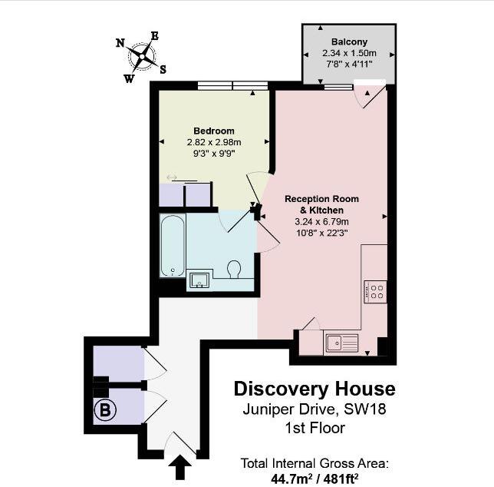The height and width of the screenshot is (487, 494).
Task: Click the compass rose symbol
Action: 143,55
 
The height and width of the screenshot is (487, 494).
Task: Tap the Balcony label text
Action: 349,41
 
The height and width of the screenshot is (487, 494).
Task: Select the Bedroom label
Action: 214,131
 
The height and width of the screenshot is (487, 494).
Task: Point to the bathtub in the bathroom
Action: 173,246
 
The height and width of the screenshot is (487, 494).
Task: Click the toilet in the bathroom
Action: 235,270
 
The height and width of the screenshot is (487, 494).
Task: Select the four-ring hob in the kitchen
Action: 377,291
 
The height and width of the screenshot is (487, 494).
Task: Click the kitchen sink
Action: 341,343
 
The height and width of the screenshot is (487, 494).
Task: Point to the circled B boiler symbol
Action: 105,411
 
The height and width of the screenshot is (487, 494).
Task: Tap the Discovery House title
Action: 315,389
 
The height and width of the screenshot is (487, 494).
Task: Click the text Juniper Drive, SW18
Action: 315,409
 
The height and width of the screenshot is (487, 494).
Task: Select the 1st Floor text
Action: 315,428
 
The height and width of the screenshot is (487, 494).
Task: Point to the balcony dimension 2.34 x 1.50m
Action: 349,53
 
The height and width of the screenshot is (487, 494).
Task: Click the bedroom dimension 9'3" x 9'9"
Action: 214,153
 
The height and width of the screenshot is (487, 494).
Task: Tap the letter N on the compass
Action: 120,43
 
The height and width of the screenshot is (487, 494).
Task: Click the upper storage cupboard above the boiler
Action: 117,363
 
